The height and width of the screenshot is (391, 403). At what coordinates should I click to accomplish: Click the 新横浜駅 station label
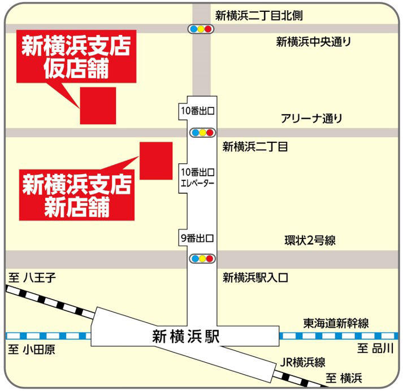pyautogui.click(x=185, y=336)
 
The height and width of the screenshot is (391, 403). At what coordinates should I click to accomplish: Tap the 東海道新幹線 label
pyautogui.click(x=336, y=323)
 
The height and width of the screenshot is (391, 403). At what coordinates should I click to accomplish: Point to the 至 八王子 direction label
pyautogui.click(x=34, y=277)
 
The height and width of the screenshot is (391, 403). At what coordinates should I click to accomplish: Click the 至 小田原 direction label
pyautogui.click(x=32, y=349)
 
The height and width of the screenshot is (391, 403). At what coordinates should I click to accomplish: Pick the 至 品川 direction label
pyautogui.click(x=375, y=349)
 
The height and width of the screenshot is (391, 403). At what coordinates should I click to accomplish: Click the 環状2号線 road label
pyautogui.click(x=310, y=241)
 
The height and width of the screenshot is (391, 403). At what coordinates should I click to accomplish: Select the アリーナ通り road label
pyautogui.click(x=311, y=119)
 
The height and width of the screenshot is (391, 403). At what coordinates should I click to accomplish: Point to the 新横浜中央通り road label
pyautogui.click(x=314, y=41)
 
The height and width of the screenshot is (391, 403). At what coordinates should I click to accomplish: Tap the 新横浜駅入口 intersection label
pyautogui.click(x=255, y=277)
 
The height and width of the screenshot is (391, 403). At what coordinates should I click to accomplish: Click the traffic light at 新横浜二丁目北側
pyautogui.click(x=202, y=29)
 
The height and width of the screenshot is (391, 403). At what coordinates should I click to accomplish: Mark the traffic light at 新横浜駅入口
pyautogui.click(x=202, y=259)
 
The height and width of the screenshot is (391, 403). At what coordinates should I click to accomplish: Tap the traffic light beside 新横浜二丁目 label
pyautogui.click(x=202, y=133)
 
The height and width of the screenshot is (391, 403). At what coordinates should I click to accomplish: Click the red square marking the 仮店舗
pyautogui.click(x=98, y=106)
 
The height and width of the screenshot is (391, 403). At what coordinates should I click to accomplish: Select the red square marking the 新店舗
pyautogui.click(x=156, y=161)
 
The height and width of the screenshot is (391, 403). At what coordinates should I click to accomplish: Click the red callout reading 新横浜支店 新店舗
pyautogui.click(x=77, y=195)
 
